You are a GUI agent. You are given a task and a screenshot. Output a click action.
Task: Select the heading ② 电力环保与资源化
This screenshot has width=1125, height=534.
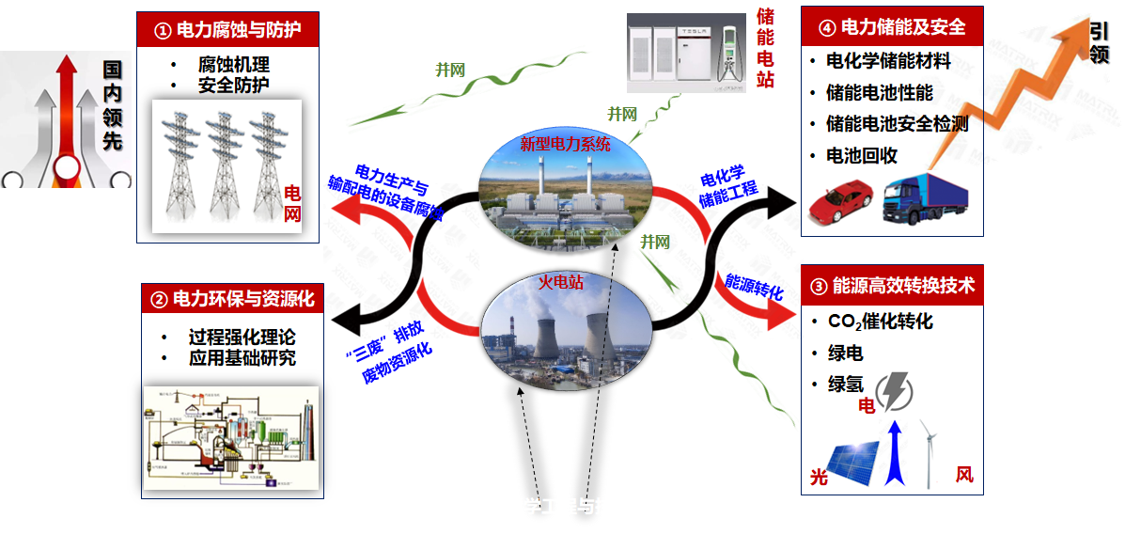(232, 300)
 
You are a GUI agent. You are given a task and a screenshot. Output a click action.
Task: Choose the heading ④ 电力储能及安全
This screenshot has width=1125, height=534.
(892, 27)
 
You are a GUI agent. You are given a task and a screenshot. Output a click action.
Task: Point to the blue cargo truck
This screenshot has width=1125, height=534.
(928, 196)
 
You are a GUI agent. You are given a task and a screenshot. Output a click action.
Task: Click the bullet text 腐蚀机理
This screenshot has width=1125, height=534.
(234, 65)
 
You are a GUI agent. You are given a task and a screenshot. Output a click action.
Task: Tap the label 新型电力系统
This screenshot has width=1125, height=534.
(565, 145)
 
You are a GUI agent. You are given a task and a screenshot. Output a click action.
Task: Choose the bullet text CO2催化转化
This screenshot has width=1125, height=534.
(880, 322)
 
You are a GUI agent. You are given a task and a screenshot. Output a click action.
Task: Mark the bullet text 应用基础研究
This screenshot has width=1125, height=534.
(242, 358)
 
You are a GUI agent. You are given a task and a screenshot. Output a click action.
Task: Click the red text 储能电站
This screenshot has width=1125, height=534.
(765, 47)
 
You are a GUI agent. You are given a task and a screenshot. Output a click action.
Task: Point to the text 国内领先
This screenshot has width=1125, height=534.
(113, 105)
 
